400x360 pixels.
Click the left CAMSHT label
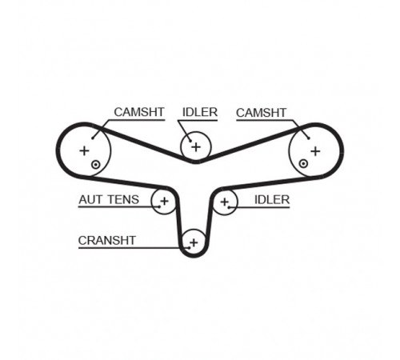point(139,112)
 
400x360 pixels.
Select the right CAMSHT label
point(261,113)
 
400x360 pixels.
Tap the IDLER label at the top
point(200,112)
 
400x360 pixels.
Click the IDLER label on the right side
point(272,200)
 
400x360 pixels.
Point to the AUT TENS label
point(109,199)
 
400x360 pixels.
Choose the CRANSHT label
point(107,241)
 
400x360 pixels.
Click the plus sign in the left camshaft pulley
point(84,151)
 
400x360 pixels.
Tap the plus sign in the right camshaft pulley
point(315,151)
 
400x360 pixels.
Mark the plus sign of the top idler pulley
point(196,147)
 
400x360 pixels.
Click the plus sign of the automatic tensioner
point(165,201)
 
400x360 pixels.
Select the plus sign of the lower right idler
point(225,202)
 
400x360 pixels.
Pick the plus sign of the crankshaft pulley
point(194,242)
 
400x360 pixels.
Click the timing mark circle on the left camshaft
point(95,165)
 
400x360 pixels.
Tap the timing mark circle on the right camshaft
point(303,163)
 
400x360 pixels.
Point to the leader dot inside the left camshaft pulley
point(92,138)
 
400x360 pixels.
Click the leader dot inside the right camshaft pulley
point(309,138)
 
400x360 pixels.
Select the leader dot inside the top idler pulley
point(190,141)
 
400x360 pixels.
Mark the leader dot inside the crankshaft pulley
point(189,248)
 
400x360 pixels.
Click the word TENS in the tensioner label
point(123,199)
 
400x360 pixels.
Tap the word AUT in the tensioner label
point(91,199)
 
